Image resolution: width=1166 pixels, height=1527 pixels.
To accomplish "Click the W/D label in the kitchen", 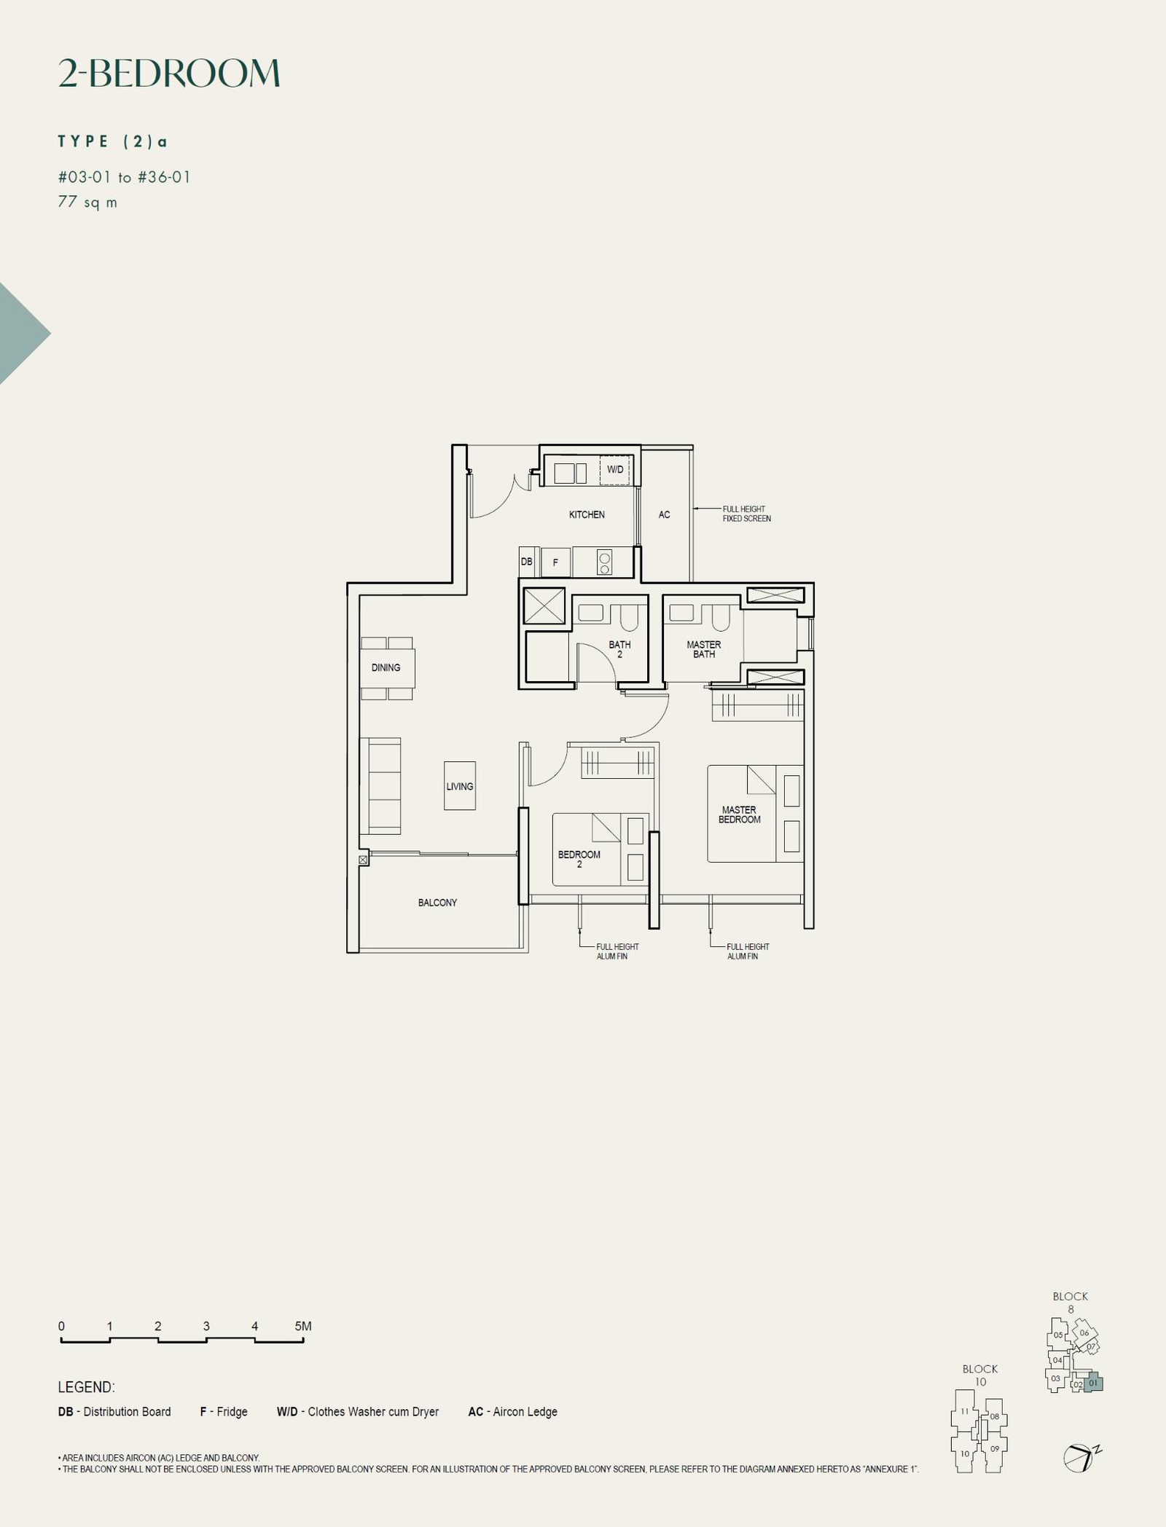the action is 615,470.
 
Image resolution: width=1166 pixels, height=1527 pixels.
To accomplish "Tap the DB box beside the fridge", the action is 527,562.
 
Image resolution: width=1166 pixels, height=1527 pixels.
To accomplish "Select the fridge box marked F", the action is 555,562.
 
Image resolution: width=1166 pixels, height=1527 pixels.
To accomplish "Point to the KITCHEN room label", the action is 587,514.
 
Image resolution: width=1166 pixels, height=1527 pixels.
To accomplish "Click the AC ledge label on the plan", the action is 664,514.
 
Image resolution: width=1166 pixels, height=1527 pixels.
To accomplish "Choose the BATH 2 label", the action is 619,649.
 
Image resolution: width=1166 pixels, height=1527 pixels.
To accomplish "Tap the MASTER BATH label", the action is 703,649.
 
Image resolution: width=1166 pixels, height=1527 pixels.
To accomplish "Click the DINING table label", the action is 386,667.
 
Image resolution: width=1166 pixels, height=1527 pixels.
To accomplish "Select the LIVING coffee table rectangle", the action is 460,786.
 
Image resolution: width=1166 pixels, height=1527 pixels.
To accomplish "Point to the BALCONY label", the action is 437,903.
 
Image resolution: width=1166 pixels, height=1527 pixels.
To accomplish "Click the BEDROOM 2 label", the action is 579,859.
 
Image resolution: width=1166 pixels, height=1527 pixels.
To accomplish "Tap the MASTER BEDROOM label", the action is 739,814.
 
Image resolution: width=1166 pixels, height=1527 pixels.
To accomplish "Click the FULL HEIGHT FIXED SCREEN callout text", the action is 746,514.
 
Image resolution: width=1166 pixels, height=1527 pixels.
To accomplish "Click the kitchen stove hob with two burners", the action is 604,562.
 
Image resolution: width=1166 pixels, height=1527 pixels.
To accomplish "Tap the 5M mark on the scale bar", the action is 303,1327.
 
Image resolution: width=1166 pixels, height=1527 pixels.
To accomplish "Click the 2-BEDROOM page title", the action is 169,74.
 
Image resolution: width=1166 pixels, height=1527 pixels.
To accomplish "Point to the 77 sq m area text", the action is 87,203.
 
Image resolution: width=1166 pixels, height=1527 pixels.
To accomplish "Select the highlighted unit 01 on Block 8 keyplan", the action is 1093,1383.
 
